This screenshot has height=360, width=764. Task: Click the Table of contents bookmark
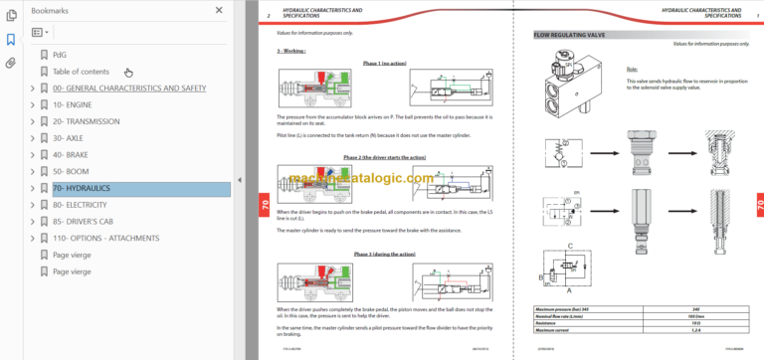click(81, 72)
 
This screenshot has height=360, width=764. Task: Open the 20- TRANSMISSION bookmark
click(87, 121)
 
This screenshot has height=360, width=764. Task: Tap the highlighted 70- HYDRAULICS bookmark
click(82, 188)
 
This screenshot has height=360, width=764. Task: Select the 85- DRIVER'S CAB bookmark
click(91, 222)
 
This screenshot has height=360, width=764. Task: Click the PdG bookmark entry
click(61, 55)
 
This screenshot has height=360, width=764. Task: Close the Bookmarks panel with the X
click(219, 10)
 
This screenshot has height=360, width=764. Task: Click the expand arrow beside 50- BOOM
click(33, 171)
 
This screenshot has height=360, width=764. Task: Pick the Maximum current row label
click(544, 331)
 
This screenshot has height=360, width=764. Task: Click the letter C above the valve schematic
click(569, 243)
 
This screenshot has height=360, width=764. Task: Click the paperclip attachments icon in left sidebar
click(11, 62)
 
